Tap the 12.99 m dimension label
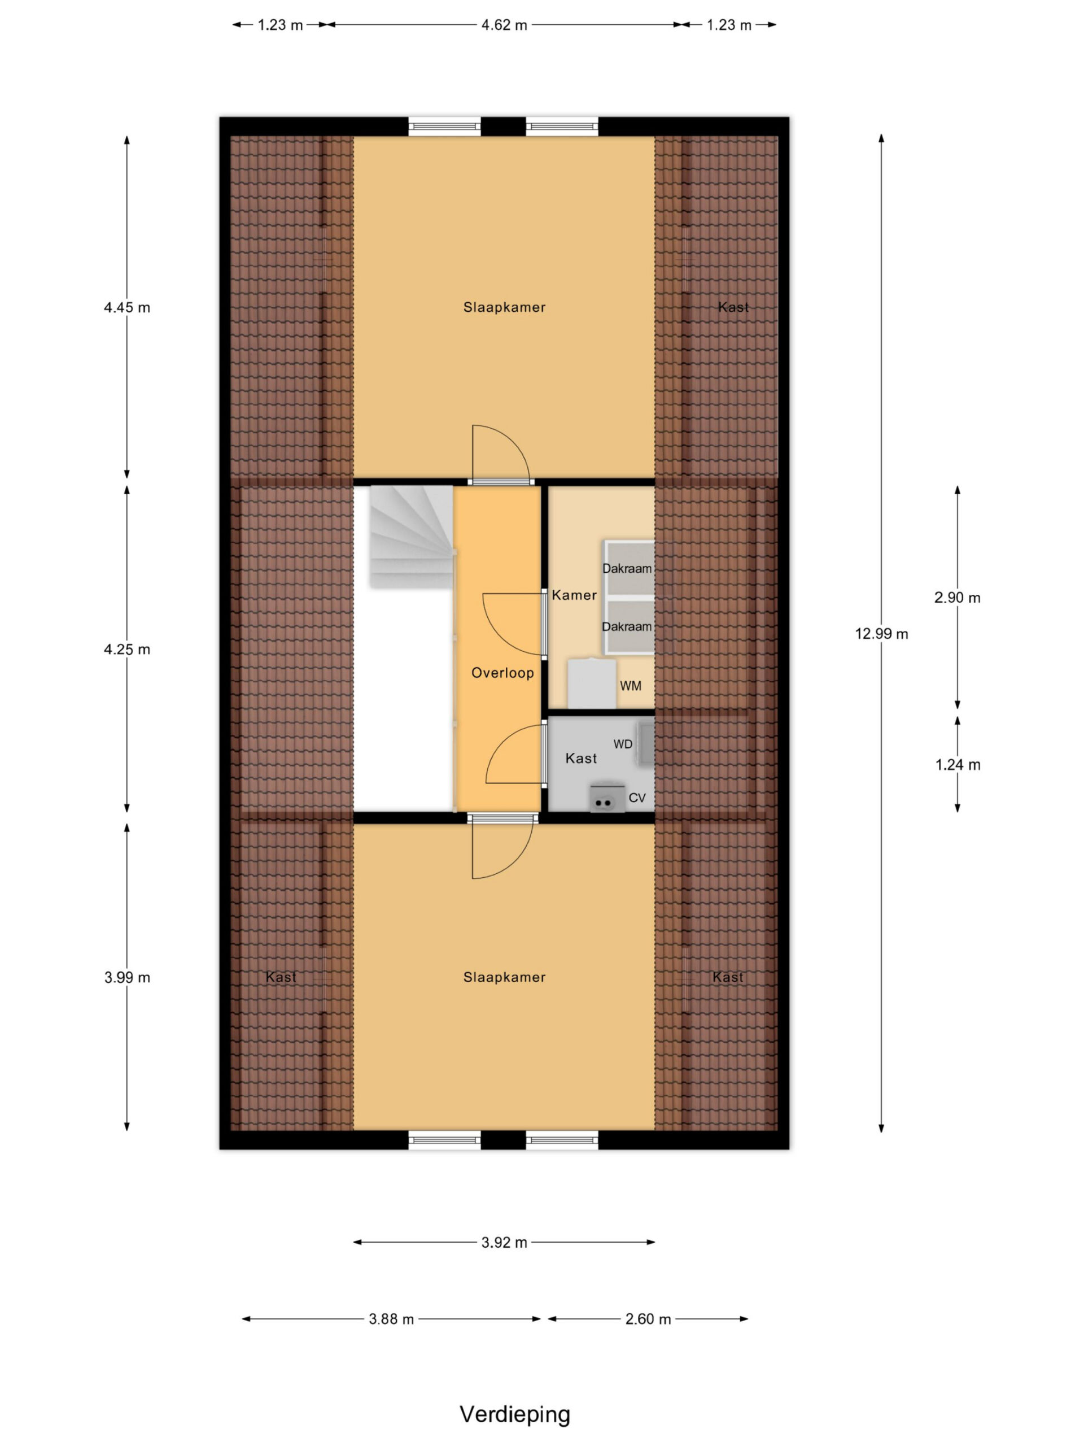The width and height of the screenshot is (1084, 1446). pyautogui.click(x=881, y=633)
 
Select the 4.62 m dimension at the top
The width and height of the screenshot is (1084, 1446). pyautogui.click(x=504, y=25)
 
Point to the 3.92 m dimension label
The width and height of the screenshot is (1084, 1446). pyautogui.click(x=504, y=1242)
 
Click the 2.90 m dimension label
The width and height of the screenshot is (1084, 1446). pyautogui.click(x=957, y=598)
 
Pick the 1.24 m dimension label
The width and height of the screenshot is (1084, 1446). pyautogui.click(x=957, y=765)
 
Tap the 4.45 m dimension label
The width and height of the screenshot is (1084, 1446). pyautogui.click(x=127, y=307)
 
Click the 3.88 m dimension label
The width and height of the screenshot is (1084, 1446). pyautogui.click(x=391, y=1319)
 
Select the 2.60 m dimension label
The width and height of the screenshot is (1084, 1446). pyautogui.click(x=648, y=1319)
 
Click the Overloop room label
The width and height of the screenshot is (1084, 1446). pyautogui.click(x=502, y=673)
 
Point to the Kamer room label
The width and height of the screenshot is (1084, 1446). pyautogui.click(x=574, y=595)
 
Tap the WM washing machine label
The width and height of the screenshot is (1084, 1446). pyautogui.click(x=631, y=686)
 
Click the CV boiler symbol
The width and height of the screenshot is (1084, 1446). pyautogui.click(x=607, y=798)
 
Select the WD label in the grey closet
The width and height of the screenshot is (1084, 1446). pyautogui.click(x=623, y=744)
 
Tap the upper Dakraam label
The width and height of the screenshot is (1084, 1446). pyautogui.click(x=627, y=569)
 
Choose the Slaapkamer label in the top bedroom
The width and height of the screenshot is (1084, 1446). pyautogui.click(x=504, y=307)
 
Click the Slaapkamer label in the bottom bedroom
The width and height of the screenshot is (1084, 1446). pyautogui.click(x=504, y=977)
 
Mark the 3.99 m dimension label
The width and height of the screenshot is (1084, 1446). pyautogui.click(x=127, y=977)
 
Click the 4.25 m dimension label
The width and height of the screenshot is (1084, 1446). pyautogui.click(x=127, y=649)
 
